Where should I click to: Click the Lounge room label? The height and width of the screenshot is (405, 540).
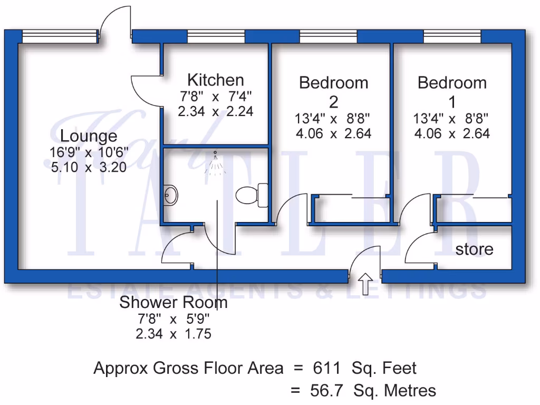point(89,136)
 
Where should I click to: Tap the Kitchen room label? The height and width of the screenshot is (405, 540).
point(216,80)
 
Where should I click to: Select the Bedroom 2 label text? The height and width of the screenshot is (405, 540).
point(333,91)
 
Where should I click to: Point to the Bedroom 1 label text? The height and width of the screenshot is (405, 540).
point(452,91)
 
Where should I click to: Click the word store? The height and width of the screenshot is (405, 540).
point(474,249)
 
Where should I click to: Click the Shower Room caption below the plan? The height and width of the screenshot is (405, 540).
point(173,303)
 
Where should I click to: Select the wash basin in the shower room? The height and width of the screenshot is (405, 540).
point(170,195)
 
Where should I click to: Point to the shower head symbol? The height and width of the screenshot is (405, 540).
point(215,163)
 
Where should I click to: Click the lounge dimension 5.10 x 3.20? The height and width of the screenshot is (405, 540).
point(89,169)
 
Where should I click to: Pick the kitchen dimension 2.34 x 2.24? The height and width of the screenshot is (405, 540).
point(216,112)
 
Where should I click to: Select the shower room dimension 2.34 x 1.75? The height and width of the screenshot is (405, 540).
point(173,334)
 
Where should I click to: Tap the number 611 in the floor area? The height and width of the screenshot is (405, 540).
point(327,368)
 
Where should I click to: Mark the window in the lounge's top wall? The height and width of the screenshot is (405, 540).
point(60,36)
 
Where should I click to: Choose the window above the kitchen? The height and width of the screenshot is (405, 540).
point(216,36)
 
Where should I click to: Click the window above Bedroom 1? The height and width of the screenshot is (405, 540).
point(452,36)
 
